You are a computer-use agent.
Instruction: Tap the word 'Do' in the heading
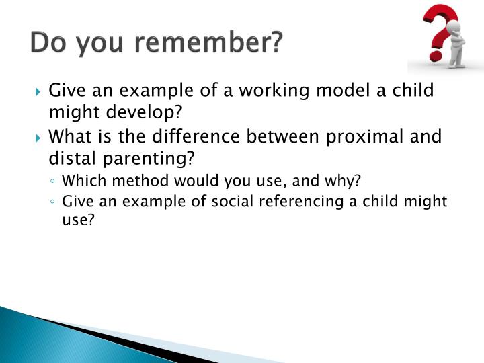pyautogui.click(x=49, y=44)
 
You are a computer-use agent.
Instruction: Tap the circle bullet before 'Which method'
pyautogui.click(x=52, y=182)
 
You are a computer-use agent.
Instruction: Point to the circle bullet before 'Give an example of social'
pyautogui.click(x=52, y=202)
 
